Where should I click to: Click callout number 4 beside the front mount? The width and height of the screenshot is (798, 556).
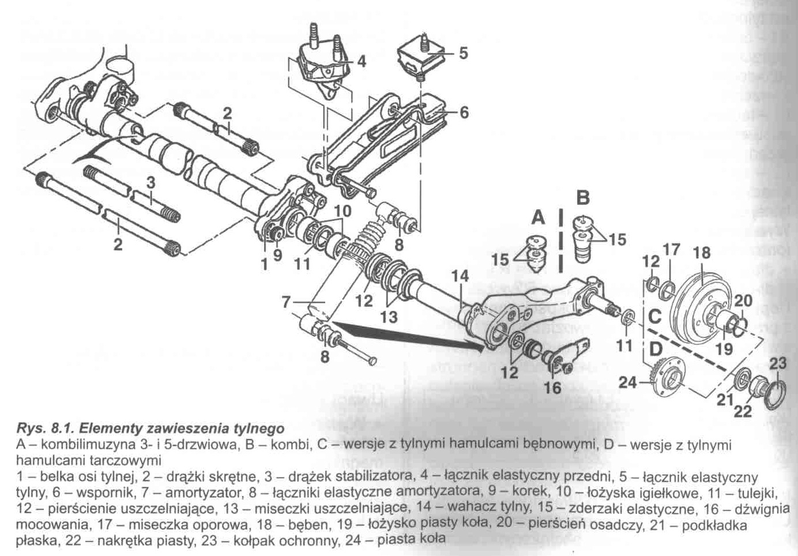coord(362,61)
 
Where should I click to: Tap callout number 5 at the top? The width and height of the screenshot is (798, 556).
coord(463,54)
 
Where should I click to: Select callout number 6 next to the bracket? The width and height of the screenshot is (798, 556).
coord(464,112)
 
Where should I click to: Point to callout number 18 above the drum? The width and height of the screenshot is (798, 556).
coord(702,253)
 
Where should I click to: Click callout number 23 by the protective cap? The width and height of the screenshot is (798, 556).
coord(778,363)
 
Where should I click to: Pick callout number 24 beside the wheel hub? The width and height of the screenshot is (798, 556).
coord(628,382)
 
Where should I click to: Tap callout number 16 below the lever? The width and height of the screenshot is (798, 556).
coord(552,387)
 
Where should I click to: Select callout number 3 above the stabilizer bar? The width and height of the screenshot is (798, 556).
coord(150,183)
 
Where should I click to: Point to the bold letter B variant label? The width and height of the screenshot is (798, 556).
coord(583,198)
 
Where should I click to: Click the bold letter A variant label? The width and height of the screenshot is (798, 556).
coord(537,217)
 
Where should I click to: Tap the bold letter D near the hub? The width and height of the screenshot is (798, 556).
coord(655,349)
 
